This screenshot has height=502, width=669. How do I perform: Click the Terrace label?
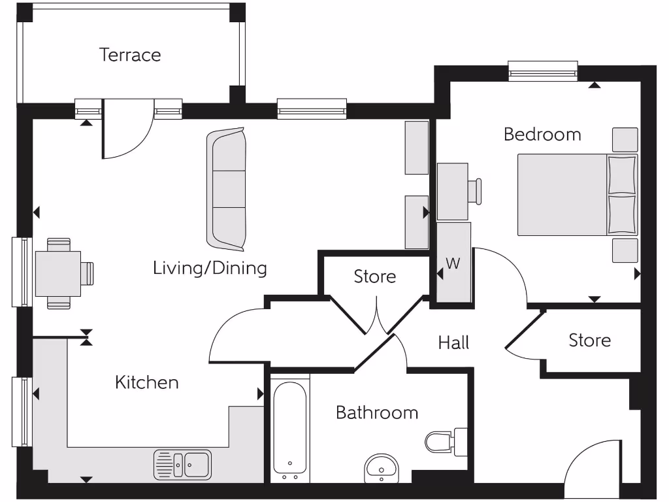130,55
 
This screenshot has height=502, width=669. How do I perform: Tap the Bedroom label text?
542,135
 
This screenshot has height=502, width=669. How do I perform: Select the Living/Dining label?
210,268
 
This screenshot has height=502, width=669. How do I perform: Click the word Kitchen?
146,382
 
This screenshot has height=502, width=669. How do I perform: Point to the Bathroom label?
377,412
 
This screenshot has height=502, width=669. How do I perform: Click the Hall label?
453,343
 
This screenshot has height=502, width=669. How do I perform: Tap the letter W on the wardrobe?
453,264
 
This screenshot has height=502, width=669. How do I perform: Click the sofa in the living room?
227,190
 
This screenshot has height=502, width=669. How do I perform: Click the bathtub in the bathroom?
289,428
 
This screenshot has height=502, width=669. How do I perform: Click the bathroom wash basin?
381,468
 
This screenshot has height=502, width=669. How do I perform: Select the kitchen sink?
183,464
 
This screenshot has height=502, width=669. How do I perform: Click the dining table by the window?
57,273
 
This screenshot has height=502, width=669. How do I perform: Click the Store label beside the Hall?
589,341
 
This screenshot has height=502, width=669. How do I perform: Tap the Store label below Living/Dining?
375,276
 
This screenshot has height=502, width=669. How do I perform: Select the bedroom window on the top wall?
543,71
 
